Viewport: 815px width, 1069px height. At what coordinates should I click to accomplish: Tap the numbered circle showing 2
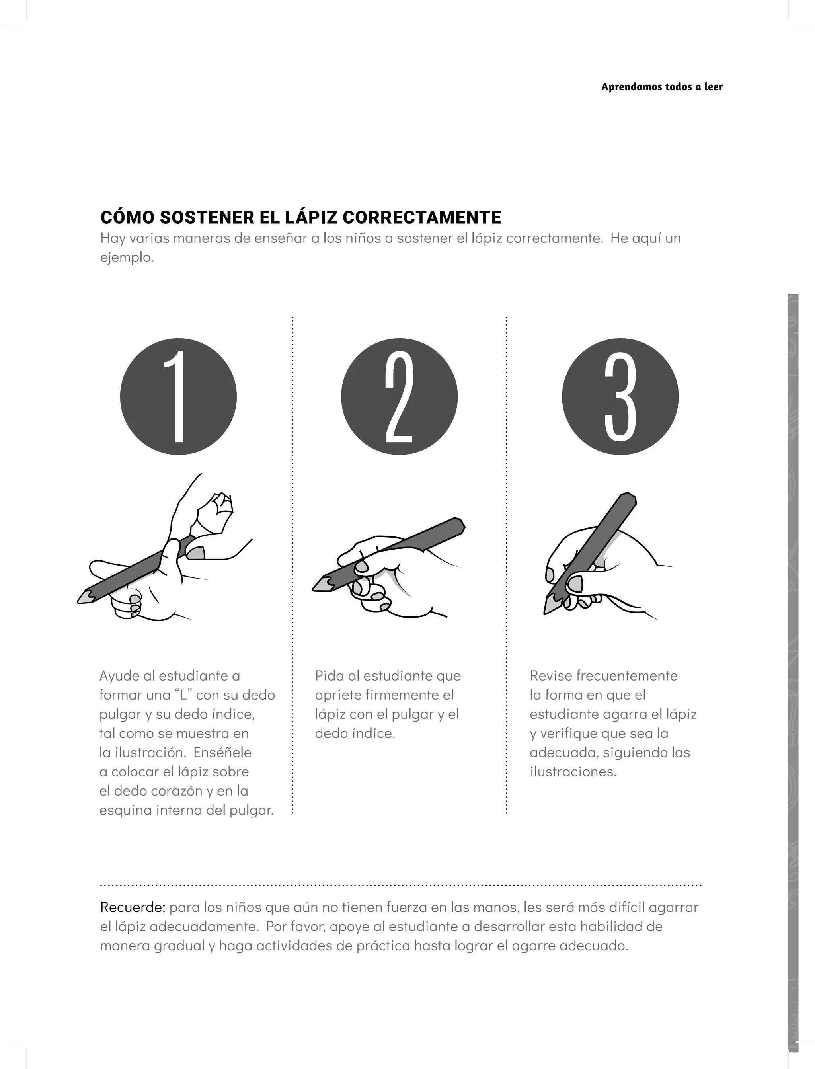pos(399,396)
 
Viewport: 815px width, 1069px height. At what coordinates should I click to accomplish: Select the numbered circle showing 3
pos(620,396)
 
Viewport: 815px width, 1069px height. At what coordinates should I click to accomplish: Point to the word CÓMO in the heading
pos(127,217)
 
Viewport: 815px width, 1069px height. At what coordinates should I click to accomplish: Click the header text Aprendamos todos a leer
pos(662,87)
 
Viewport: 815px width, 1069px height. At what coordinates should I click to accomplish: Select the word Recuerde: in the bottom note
pos(133,907)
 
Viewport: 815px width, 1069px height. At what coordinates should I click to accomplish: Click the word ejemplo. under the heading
pos(127,257)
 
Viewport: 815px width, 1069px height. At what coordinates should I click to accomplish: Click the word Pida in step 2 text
pos(330,676)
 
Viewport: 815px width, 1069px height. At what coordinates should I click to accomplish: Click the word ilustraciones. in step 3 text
pos(573,772)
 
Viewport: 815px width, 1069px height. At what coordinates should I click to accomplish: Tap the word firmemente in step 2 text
pos(395,695)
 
